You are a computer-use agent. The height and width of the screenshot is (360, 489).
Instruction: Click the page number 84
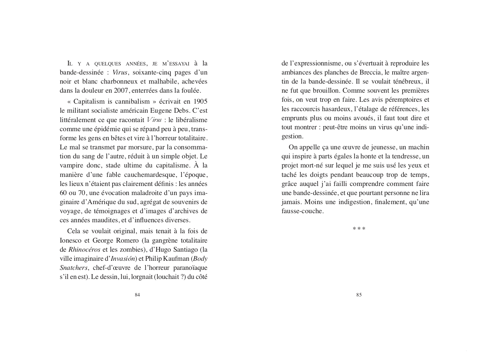coord(137,295)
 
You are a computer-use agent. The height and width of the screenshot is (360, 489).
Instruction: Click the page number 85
coord(359,295)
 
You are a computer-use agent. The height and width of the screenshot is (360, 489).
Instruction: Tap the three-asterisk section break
coord(359,229)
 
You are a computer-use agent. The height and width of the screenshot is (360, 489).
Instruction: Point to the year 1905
coord(201,102)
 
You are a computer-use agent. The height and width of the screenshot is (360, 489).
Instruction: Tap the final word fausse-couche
coord(302,211)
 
